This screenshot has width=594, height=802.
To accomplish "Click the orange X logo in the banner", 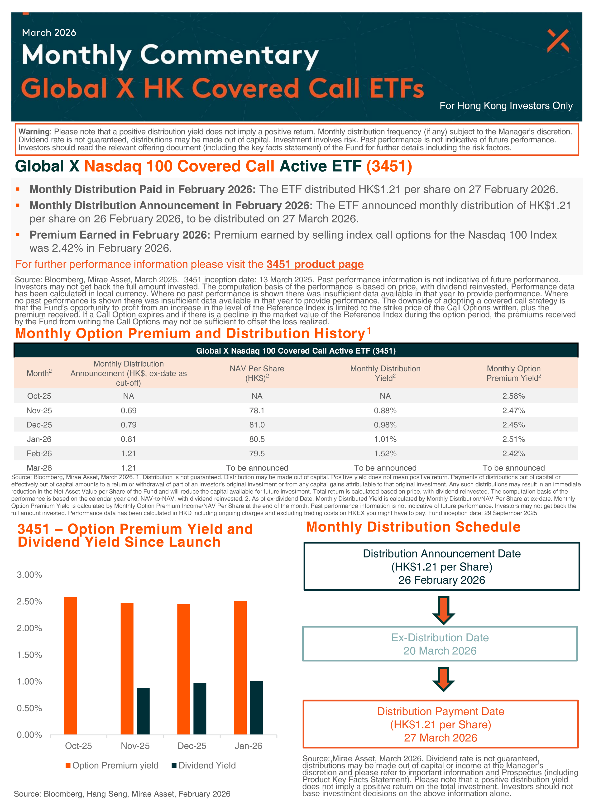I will [558, 41].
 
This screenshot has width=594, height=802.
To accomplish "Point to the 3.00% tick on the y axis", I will [29, 575].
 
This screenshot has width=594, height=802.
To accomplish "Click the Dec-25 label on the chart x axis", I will [192, 746].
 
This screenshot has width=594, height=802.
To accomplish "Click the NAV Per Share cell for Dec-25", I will [257, 425].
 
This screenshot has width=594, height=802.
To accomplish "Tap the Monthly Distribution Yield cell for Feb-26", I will [385, 453].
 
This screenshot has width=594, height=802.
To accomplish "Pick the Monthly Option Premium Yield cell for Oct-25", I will [513, 396].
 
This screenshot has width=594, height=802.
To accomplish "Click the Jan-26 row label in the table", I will [39, 439].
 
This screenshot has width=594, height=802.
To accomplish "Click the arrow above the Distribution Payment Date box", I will [443, 679].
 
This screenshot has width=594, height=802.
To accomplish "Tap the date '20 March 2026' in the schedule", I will [440, 651].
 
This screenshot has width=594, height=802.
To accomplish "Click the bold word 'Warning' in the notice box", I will [34, 132].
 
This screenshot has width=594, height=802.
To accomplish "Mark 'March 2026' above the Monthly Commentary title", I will [49, 33].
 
